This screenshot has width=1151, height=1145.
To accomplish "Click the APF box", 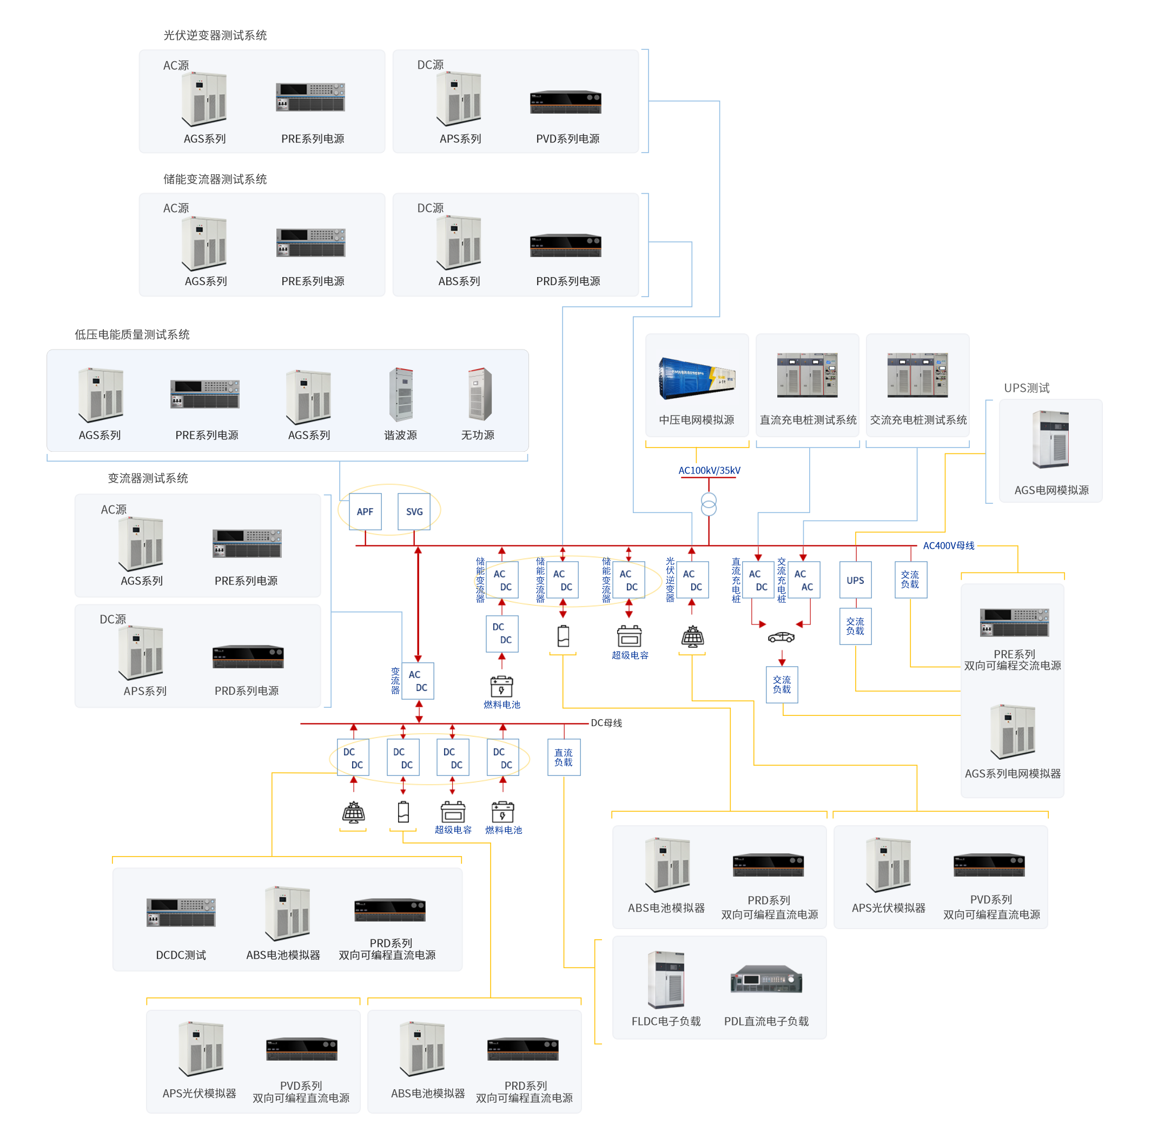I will click(x=365, y=511).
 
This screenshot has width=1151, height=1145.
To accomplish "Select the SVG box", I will click(x=414, y=511).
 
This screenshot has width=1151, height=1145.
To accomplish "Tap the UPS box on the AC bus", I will click(x=855, y=580).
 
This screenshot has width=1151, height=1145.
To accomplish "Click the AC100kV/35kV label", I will click(x=709, y=470).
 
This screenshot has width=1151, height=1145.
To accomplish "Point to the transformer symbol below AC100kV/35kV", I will click(x=709, y=504).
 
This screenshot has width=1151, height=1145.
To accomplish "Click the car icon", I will click(x=781, y=637).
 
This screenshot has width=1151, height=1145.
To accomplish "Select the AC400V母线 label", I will click(x=949, y=545).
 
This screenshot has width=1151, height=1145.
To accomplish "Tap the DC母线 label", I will click(x=606, y=722).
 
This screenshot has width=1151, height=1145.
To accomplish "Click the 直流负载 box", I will click(x=564, y=757).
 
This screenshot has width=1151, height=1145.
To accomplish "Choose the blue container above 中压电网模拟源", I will click(x=697, y=377).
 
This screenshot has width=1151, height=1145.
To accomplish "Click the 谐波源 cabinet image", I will click(x=401, y=394).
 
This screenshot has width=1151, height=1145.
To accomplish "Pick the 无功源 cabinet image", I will click(x=480, y=394).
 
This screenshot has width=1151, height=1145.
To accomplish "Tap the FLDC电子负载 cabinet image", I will click(x=666, y=979).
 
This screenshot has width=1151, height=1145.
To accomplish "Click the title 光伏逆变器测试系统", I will click(x=215, y=35).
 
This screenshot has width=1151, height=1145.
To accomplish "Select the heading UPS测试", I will click(x=1027, y=387).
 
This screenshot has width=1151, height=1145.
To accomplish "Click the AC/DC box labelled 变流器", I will click(x=418, y=681).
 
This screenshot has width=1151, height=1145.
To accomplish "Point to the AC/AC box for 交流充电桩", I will click(x=804, y=580).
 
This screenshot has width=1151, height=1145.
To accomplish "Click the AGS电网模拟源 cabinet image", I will click(x=1050, y=439).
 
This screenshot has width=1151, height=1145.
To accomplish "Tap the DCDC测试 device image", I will click(x=181, y=912).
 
